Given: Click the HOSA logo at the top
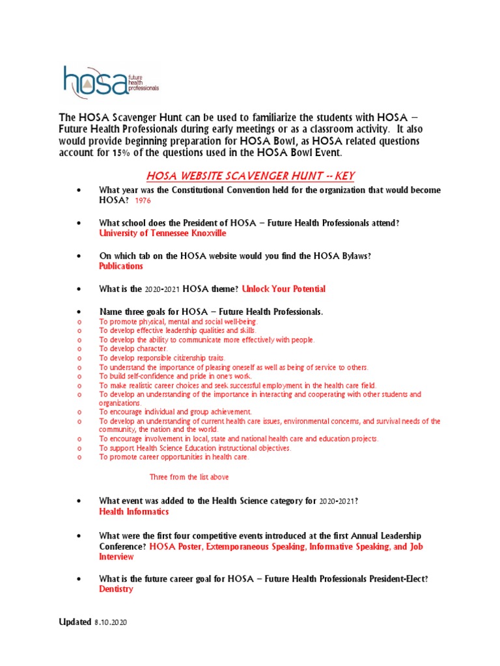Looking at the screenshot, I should click(110, 81).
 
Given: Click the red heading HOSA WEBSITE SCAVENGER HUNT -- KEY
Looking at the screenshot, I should click(250, 176).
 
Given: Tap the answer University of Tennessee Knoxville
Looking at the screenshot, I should click(163, 233).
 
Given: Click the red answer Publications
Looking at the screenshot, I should click(121, 266).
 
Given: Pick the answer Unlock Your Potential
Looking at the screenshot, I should click(283, 288).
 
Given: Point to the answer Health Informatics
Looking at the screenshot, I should click(133, 512).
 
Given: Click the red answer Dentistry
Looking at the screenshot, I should click(116, 589).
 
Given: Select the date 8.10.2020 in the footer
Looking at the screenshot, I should click(111, 622).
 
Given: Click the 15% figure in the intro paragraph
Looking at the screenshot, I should click(120, 153).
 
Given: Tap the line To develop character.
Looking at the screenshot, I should click(133, 349).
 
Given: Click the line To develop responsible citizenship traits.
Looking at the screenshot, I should click(162, 358).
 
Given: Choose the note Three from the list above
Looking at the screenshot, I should click(189, 477).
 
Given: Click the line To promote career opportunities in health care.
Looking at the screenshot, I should click(174, 457).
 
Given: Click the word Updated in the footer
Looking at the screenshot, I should click(75, 622).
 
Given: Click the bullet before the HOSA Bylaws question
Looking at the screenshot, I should click(79, 256).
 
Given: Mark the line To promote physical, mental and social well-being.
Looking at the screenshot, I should click(178, 321).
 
